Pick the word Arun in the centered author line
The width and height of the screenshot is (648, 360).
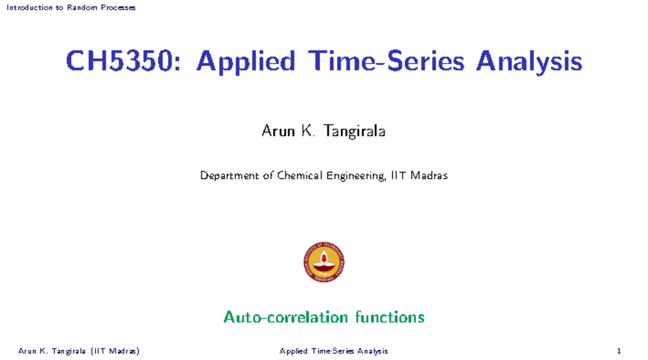(274, 131)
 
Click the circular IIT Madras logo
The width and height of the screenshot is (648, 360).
(323, 262)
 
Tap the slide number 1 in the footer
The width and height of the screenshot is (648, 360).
(626, 351)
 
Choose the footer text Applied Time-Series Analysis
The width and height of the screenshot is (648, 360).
(334, 351)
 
